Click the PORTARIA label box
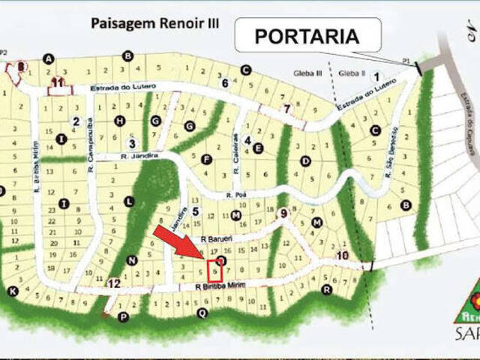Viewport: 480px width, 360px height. (307, 35)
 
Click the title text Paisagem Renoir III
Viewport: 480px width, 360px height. (155, 22)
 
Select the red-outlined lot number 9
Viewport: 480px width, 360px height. (215, 271)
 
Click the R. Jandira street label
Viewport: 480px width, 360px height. (139, 156)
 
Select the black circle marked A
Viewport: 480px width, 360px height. (49, 58)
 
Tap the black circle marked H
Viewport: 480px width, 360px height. (119, 121)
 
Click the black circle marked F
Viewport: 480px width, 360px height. (206, 159)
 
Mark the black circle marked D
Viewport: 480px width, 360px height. (305, 160)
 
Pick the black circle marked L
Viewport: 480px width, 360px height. (130, 201)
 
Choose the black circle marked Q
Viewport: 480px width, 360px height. (202, 313)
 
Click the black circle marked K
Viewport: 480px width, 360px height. (12, 291)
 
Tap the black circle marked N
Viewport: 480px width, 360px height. (133, 260)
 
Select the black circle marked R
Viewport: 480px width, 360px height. (326, 289)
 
